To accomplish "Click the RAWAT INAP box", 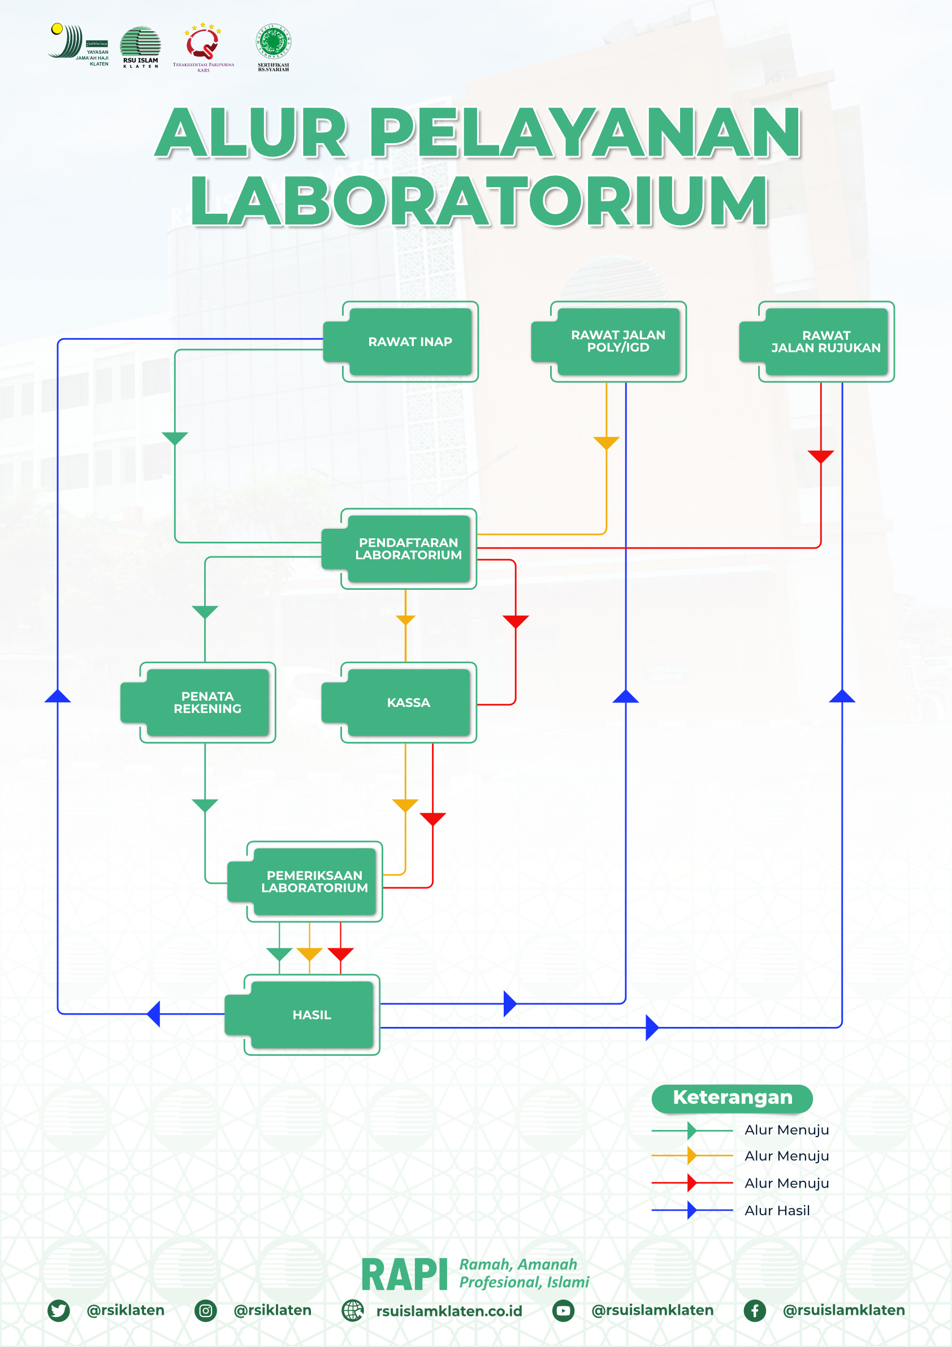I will point(410,342).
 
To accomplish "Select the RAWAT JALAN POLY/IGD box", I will point(618,342).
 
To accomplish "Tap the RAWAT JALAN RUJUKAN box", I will point(825,342).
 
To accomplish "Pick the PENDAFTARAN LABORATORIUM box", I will point(408,549).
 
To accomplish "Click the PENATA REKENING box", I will point(207,702).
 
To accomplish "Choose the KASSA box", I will point(408,702).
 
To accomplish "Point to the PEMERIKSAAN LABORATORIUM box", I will point(314,881).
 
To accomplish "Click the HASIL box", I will point(311,1015).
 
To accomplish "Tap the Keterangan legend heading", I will point(732,1097).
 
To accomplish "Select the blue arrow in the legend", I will point(692,1210).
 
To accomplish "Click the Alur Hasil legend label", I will point(777,1210).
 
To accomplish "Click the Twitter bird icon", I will point(59,1310).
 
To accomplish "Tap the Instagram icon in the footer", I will point(205,1310).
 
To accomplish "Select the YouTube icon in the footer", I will point(563,1310).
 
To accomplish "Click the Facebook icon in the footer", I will point(754,1310).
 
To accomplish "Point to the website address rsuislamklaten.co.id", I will point(449,1311).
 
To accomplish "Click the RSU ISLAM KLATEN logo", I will point(140,47).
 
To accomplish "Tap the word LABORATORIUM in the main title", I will point(479,201).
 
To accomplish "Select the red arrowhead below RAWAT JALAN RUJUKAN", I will point(821,456).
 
